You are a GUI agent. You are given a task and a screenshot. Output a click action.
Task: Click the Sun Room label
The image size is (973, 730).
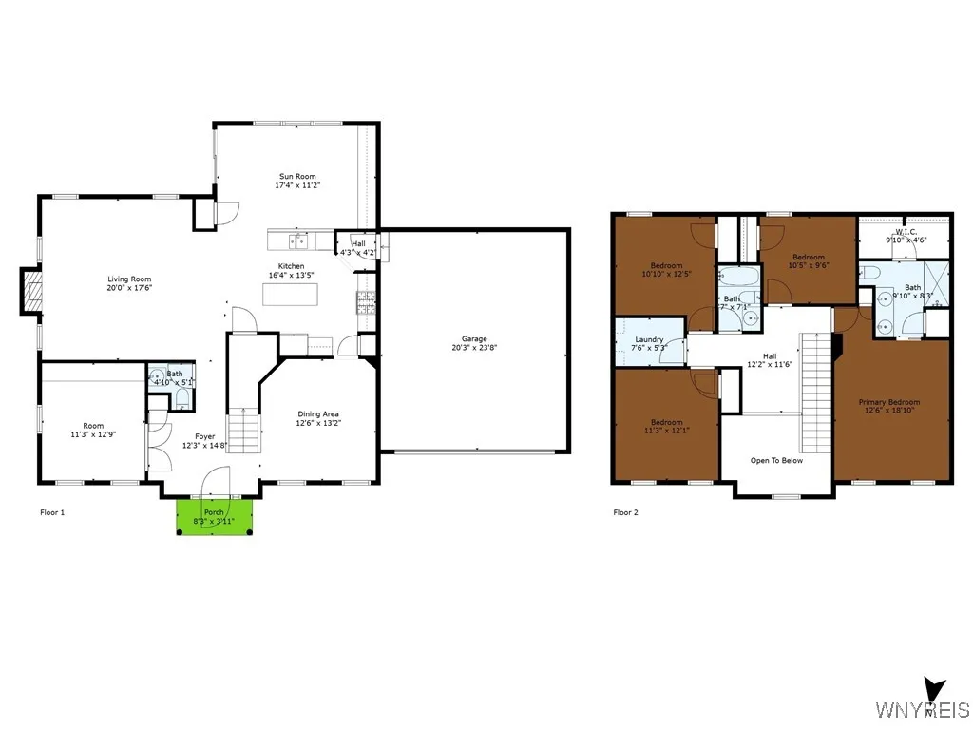click(x=297, y=176)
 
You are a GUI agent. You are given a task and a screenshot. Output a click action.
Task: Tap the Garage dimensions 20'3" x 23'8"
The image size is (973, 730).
click(x=474, y=348)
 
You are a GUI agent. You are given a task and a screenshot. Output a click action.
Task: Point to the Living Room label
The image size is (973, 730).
click(x=130, y=279)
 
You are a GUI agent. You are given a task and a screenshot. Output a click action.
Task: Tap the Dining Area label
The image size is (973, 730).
click(x=318, y=413)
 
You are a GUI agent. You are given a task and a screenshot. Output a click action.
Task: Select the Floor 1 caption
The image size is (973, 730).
click(x=52, y=512)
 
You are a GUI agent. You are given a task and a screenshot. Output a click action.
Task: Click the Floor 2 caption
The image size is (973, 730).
click(x=625, y=512)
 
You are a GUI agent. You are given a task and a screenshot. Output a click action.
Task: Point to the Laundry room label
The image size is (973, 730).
click(x=649, y=339)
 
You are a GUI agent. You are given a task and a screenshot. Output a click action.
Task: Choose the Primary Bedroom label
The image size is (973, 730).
click(x=889, y=402)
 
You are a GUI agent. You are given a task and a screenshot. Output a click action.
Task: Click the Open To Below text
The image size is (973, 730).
click(x=776, y=460)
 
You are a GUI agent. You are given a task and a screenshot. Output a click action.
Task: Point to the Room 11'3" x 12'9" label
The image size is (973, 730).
click(x=93, y=426)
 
